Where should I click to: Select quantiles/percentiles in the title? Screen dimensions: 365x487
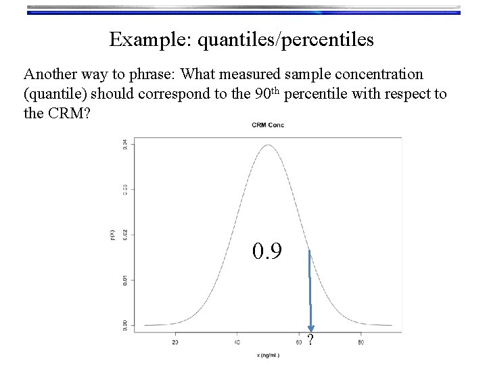pos(285,40)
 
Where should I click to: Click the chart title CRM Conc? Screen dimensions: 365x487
pos(269,125)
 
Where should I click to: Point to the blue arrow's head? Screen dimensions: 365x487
pos(310,328)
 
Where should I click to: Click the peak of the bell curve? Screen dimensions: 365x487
pos(269,145)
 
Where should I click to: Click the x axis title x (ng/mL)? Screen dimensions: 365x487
pos(269,354)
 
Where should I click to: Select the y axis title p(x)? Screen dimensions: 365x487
pos(113,235)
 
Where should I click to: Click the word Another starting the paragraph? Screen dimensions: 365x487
pos(50,74)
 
